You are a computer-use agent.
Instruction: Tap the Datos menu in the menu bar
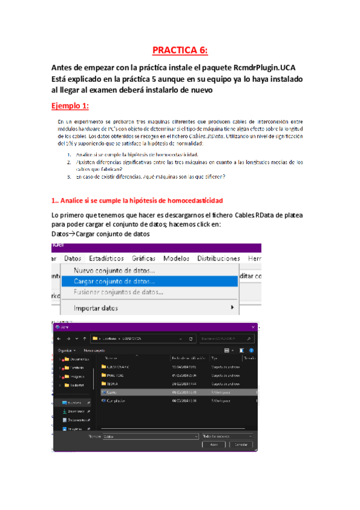click(73, 258)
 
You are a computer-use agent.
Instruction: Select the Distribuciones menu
click(219, 258)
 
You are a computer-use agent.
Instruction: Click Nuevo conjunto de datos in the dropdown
click(114, 271)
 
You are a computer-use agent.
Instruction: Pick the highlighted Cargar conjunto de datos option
click(114, 281)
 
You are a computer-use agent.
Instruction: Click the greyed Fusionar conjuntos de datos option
click(118, 292)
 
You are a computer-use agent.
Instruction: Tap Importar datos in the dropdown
click(96, 308)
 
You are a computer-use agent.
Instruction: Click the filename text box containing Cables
click(150, 435)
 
